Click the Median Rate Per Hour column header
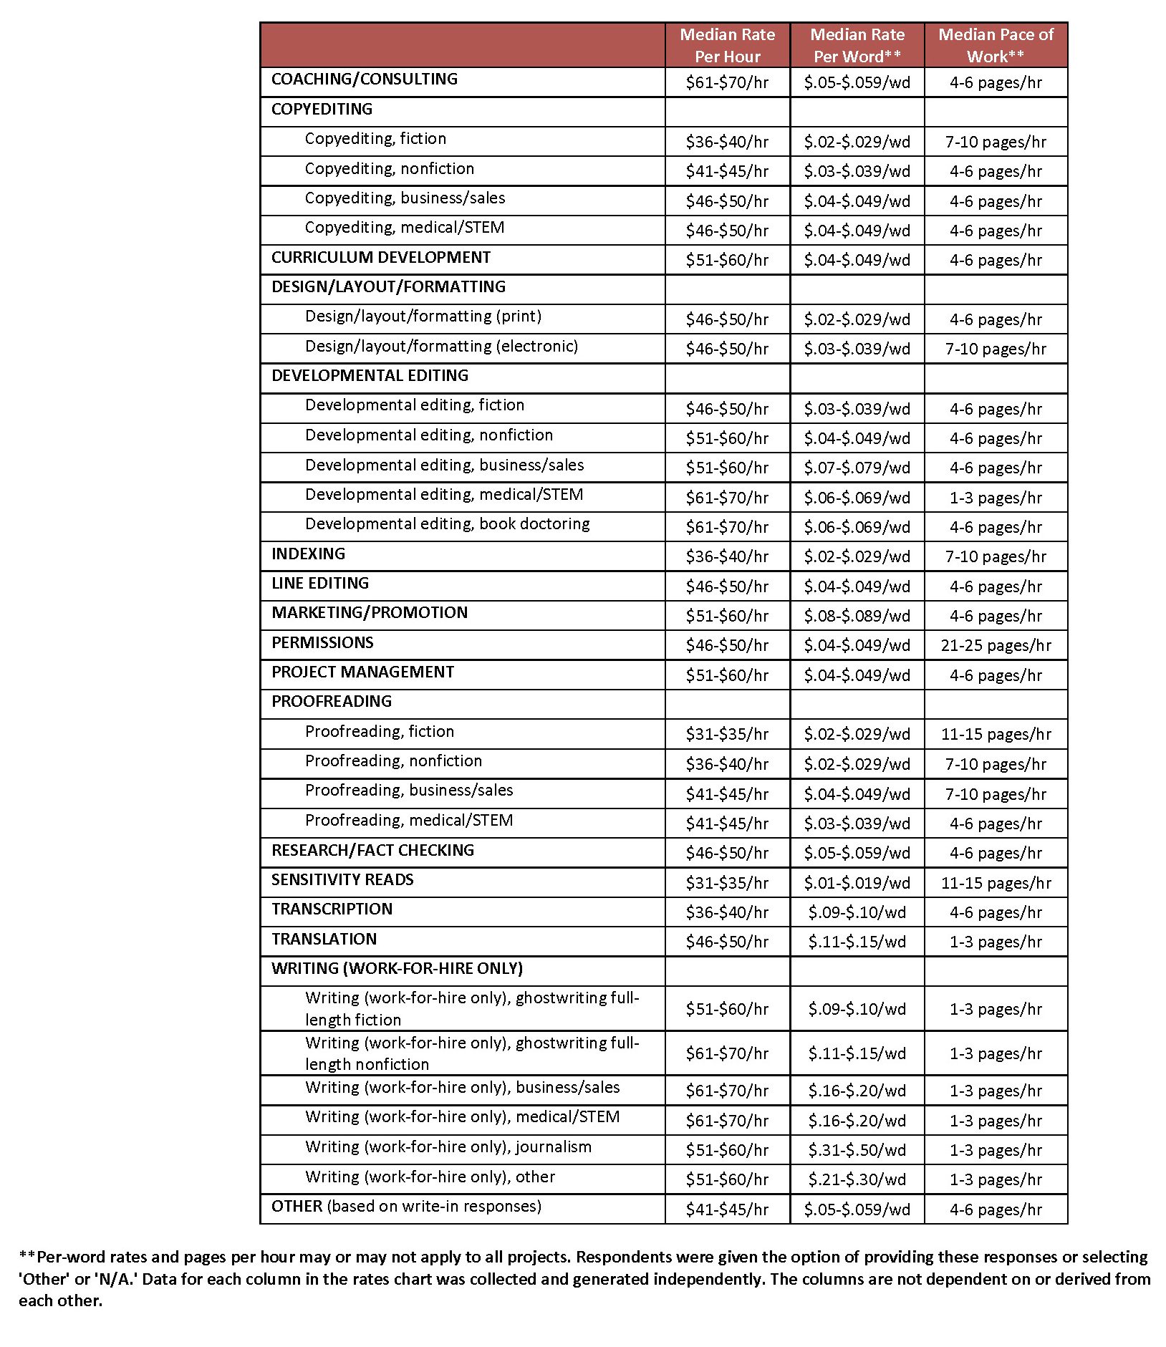727,45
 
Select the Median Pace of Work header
996,45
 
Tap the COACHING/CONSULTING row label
364,79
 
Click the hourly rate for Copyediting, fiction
727,142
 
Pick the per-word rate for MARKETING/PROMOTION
857,616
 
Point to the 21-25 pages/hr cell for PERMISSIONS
996,645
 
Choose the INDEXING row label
308,554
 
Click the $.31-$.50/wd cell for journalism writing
857,1150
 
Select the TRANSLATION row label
324,939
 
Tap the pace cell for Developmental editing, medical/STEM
996,498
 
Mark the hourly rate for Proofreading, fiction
727,734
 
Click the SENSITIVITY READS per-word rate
857,883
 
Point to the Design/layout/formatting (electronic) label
441,347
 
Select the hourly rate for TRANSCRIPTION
727,912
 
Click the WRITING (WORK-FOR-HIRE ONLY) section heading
397,968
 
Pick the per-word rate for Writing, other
857,1179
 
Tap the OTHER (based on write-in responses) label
406,1206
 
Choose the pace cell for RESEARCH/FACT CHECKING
996,853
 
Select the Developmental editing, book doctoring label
447,524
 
